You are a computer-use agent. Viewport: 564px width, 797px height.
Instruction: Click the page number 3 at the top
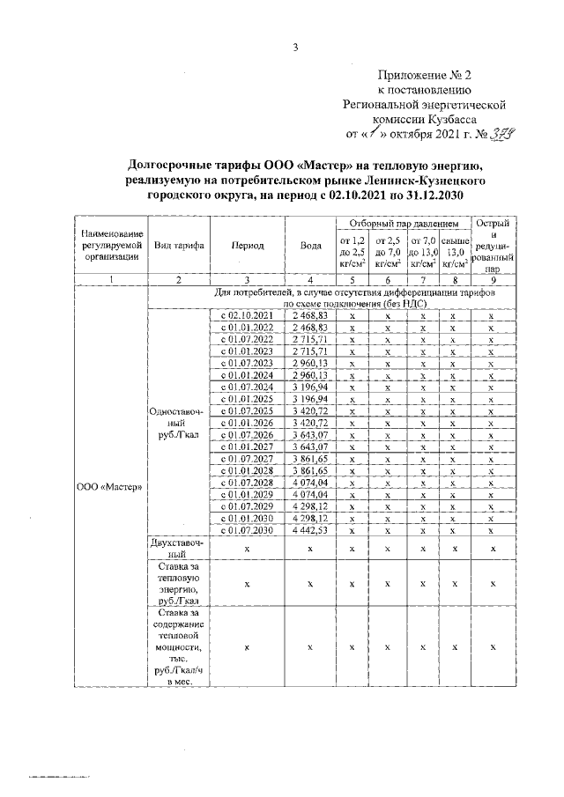coord(296,48)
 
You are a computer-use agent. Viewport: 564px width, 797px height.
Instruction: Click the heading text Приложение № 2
coord(427,75)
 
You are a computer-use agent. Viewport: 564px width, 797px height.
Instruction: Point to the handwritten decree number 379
coord(503,134)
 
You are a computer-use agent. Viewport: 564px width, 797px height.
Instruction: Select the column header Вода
coord(309,247)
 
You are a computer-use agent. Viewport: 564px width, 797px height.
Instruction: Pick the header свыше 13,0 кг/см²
coord(455,250)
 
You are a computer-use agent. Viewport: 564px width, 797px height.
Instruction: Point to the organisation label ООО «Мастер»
coord(112,486)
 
